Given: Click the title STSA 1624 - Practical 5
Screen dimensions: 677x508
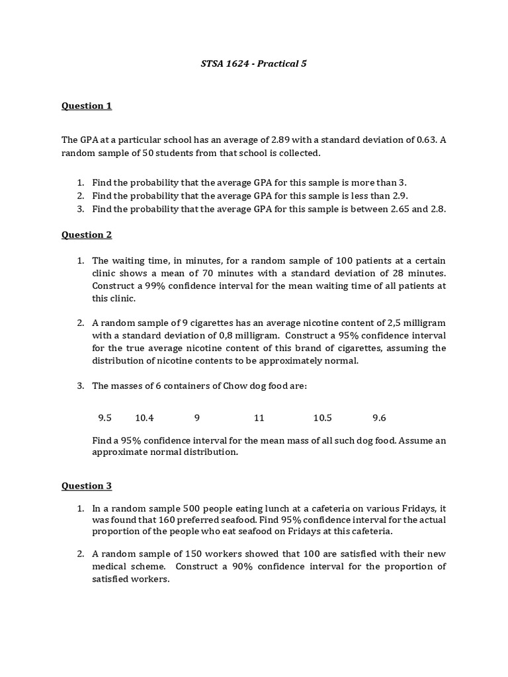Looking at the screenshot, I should tap(253, 64).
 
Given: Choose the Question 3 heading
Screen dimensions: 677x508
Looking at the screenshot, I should tap(87, 486).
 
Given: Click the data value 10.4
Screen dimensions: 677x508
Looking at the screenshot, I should tap(144, 418).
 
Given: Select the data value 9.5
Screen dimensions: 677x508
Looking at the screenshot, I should tap(105, 418).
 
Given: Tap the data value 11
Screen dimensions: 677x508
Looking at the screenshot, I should tap(259, 418).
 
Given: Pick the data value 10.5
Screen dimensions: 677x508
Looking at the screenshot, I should tap(322, 418).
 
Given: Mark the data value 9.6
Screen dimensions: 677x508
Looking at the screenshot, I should tap(379, 418).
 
